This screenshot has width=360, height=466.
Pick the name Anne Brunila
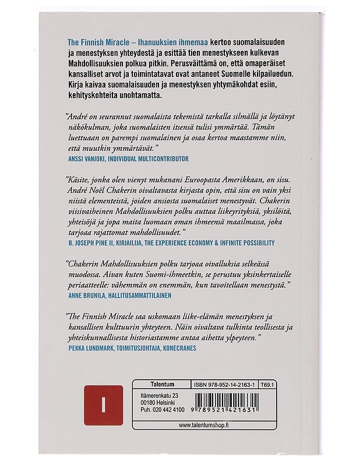pos(86,295)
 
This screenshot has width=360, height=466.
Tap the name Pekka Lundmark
pos(89,348)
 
